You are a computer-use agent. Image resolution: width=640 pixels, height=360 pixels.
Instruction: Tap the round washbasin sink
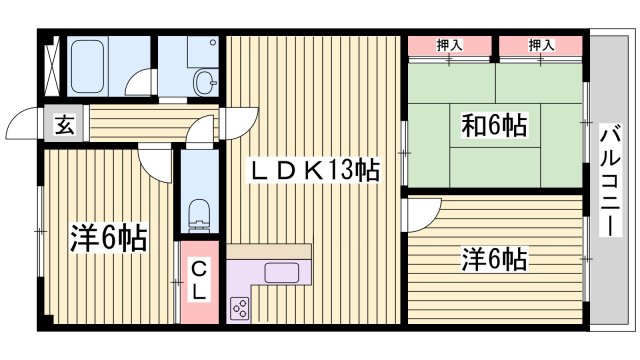click(206, 81)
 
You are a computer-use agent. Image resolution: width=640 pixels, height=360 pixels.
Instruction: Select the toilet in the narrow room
click(199, 211)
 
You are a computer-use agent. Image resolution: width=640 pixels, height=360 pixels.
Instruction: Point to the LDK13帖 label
click(314, 171)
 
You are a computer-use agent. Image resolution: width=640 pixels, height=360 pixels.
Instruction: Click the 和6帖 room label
click(494, 127)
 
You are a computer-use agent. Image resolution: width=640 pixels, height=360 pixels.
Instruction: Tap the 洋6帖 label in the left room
click(108, 238)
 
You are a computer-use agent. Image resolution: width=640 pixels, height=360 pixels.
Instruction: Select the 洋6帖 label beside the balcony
click(493, 259)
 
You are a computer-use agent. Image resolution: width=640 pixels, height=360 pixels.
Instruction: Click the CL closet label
click(199, 280)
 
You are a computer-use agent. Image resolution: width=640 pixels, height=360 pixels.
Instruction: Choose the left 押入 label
click(450, 44)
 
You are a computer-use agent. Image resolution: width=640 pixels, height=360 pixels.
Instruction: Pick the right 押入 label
click(541, 44)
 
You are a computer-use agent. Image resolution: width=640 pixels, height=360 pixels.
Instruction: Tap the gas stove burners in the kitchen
click(240, 308)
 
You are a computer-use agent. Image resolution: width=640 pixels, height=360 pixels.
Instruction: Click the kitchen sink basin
click(276, 272)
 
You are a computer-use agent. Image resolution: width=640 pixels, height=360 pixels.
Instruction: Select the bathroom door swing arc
click(147, 83)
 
